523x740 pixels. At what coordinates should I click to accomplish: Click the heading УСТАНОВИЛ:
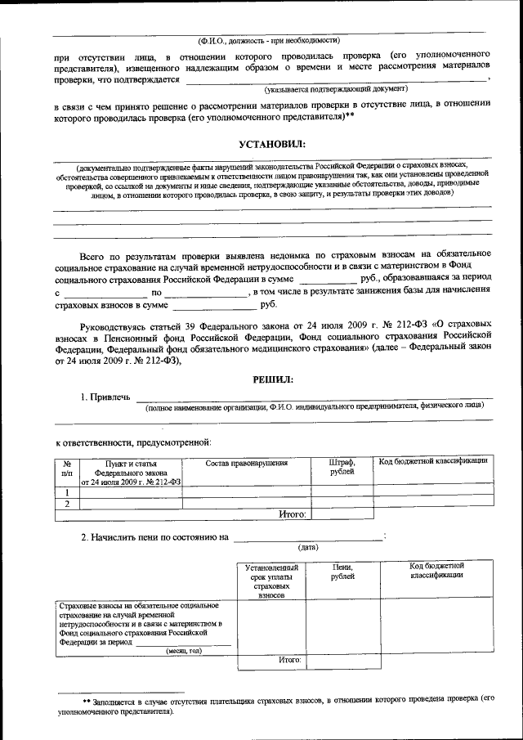point(271,145)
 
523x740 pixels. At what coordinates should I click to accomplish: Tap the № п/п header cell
point(67,467)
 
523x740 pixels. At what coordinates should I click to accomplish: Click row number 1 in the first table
point(67,492)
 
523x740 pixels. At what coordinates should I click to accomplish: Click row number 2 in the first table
point(67,504)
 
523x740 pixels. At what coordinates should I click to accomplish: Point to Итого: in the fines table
point(292,514)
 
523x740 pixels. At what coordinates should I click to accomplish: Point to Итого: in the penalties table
point(290,658)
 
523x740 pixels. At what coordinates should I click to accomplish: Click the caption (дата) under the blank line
point(308,547)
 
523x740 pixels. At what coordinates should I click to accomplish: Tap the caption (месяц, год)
point(183,651)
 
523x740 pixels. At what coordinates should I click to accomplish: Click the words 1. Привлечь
point(105,397)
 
